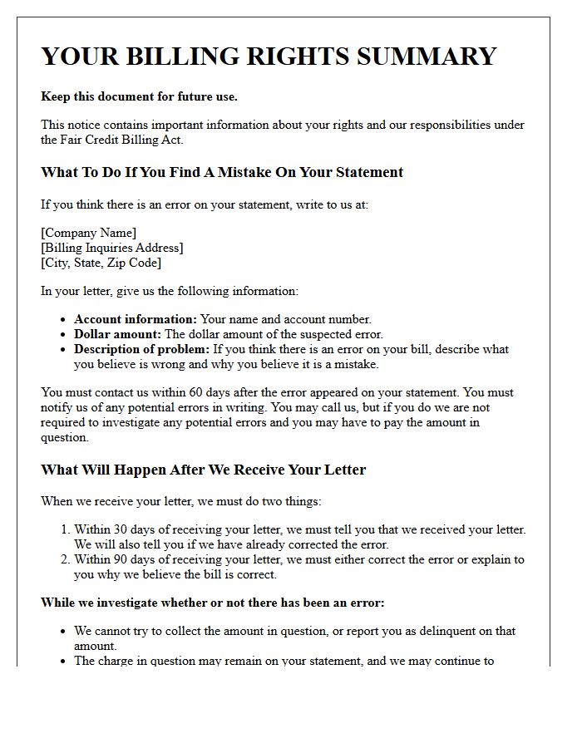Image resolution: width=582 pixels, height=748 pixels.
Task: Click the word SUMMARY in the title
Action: click(424, 57)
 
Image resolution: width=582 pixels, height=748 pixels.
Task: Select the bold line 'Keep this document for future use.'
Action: click(139, 96)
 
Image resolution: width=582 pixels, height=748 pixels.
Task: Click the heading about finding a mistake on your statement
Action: click(222, 173)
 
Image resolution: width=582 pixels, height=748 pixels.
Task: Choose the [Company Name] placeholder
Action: click(88, 233)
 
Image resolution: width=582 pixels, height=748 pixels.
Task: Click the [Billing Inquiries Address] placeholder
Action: click(112, 248)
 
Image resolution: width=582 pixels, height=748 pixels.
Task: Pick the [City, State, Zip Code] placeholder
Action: click(101, 263)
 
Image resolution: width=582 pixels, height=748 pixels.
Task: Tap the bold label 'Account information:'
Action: click(136, 319)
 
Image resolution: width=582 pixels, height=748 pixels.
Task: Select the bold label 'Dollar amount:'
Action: click(117, 334)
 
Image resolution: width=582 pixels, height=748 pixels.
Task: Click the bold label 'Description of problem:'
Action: click(142, 349)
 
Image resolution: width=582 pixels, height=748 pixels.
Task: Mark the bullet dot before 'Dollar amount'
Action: click(63, 335)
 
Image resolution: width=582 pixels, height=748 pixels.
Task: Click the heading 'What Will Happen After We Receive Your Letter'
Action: click(204, 470)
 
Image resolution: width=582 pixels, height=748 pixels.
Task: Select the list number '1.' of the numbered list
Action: click(65, 529)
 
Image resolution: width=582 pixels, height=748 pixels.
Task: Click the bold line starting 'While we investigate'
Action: click(213, 603)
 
